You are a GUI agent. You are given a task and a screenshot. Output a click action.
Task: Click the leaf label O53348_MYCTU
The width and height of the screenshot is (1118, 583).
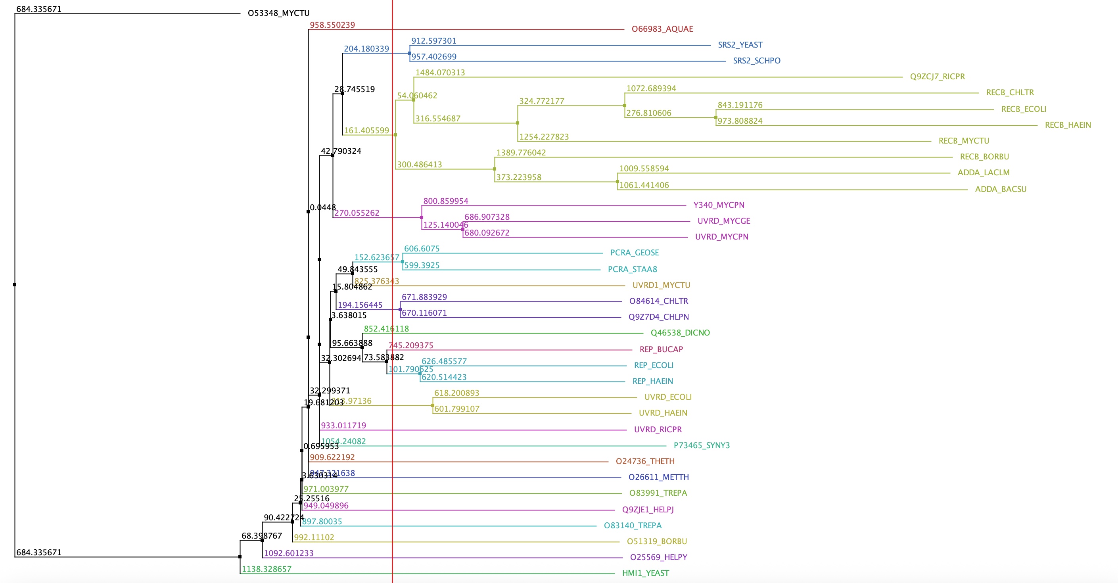click(x=278, y=13)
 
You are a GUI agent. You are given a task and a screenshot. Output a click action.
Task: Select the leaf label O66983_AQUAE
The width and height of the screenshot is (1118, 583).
click(x=662, y=29)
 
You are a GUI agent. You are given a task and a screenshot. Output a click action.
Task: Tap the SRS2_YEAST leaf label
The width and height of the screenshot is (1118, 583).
click(x=740, y=45)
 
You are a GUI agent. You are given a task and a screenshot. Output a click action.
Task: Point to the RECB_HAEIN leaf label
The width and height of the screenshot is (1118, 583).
click(x=1068, y=125)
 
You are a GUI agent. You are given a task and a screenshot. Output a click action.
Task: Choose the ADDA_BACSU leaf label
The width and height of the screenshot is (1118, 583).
click(x=1000, y=189)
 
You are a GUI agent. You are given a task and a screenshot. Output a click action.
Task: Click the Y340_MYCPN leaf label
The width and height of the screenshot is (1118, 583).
click(x=719, y=205)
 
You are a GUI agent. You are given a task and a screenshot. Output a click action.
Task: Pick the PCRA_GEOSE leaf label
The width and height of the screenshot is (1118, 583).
click(x=634, y=253)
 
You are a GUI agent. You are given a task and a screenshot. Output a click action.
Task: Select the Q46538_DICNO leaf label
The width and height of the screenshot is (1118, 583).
click(x=680, y=333)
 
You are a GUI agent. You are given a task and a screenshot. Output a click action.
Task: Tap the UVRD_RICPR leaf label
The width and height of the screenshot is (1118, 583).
click(x=658, y=430)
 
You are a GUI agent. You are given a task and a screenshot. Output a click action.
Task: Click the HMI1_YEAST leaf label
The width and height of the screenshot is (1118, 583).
click(x=645, y=573)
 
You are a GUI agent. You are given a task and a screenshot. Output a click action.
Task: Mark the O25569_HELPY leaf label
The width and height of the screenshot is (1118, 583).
click(x=658, y=557)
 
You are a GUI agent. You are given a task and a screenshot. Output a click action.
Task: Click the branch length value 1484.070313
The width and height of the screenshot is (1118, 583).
click(x=440, y=73)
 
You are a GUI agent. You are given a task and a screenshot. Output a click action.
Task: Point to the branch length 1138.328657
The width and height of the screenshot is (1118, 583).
click(x=267, y=569)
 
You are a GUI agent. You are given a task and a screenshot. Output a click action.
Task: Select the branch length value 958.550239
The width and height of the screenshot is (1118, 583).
click(x=332, y=25)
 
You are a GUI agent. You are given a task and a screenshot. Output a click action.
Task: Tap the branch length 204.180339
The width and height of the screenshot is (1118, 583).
click(x=366, y=49)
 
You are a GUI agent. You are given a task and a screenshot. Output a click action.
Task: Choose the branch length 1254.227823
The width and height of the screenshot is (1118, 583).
click(x=544, y=137)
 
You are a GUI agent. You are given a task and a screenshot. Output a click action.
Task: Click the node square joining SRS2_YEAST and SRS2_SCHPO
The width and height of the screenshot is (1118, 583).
click(x=410, y=54)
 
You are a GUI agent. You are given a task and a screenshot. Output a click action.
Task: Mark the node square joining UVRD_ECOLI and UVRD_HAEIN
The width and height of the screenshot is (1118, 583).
click(x=433, y=405)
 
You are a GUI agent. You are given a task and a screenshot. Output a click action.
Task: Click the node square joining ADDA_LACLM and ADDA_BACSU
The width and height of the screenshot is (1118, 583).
click(x=617, y=182)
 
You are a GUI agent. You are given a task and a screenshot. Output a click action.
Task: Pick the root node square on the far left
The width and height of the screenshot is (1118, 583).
click(x=15, y=285)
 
